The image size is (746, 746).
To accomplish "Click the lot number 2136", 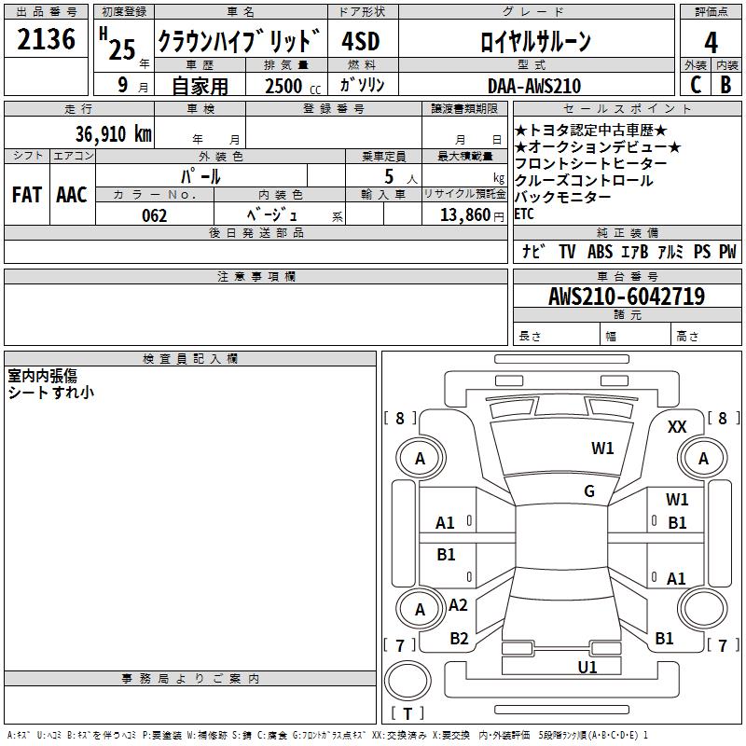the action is point(47,39).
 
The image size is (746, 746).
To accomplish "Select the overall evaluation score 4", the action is point(711,43).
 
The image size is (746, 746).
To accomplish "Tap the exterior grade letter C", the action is point(695,85).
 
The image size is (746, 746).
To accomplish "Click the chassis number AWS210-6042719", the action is point(627,297).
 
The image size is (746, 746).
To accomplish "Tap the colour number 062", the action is point(154,215).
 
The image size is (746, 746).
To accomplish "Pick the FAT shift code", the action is point(26,195).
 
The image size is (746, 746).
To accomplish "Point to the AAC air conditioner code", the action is point(72,195).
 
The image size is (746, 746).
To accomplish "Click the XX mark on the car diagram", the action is point(678,426).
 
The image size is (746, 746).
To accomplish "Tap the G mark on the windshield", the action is point(589,491).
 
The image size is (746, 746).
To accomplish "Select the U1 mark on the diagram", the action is point(587,667).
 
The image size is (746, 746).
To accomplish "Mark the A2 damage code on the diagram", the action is point(458,605).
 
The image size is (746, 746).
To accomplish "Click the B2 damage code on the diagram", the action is point(459,639).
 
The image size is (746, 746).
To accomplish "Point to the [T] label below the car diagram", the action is point(408,713).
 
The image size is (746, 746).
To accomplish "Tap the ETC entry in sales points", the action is point(525,213).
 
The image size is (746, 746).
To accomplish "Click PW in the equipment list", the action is point(727,252).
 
